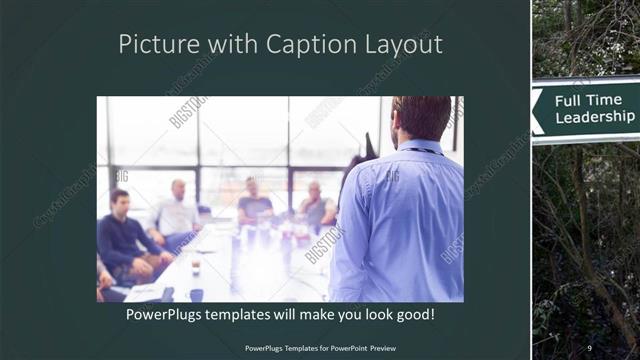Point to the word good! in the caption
click(411, 315)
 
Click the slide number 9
click(589, 347)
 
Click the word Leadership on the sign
click(595, 116)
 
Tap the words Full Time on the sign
click(594, 100)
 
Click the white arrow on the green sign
click(538, 107)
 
